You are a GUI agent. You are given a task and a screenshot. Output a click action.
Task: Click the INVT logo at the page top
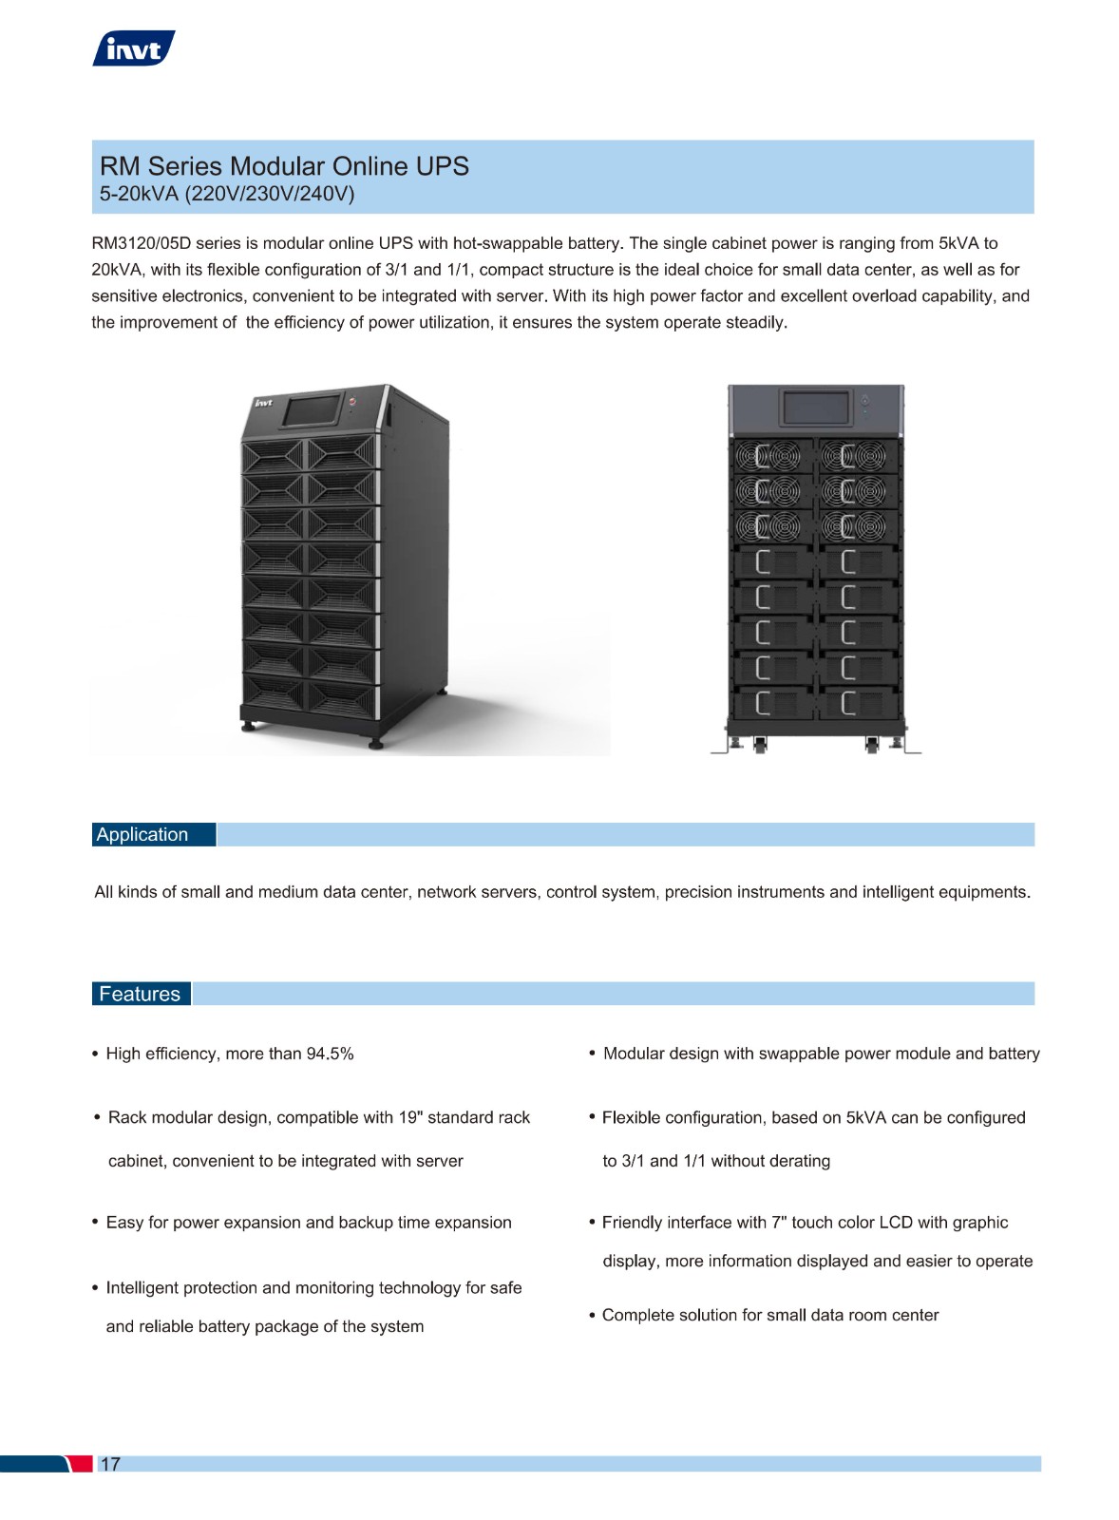pyautogui.click(x=134, y=48)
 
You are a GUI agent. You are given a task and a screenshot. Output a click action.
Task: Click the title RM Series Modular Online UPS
pyautogui.click(x=284, y=166)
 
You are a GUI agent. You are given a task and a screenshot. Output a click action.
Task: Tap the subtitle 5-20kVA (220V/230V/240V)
pyautogui.click(x=227, y=194)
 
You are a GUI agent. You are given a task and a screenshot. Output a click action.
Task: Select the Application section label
pyautogui.click(x=142, y=834)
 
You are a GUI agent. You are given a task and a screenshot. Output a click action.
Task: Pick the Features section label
pyautogui.click(x=140, y=994)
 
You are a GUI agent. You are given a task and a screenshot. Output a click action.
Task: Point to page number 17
pyautogui.click(x=110, y=1464)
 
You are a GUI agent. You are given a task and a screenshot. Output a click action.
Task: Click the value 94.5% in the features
pyautogui.click(x=331, y=1054)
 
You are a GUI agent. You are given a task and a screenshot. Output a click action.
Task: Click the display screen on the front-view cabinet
pyautogui.click(x=816, y=408)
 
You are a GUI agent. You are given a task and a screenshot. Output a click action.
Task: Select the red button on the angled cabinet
pyautogui.click(x=352, y=402)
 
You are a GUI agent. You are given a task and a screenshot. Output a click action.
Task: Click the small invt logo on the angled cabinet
pyautogui.click(x=263, y=403)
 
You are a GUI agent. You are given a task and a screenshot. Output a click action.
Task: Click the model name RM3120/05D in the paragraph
pyautogui.click(x=142, y=243)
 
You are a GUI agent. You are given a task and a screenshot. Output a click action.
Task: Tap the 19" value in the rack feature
pyautogui.click(x=410, y=1117)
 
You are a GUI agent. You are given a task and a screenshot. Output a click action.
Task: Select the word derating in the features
pyautogui.click(x=801, y=1160)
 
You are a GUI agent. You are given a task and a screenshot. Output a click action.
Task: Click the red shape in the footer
pyautogui.click(x=80, y=1464)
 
